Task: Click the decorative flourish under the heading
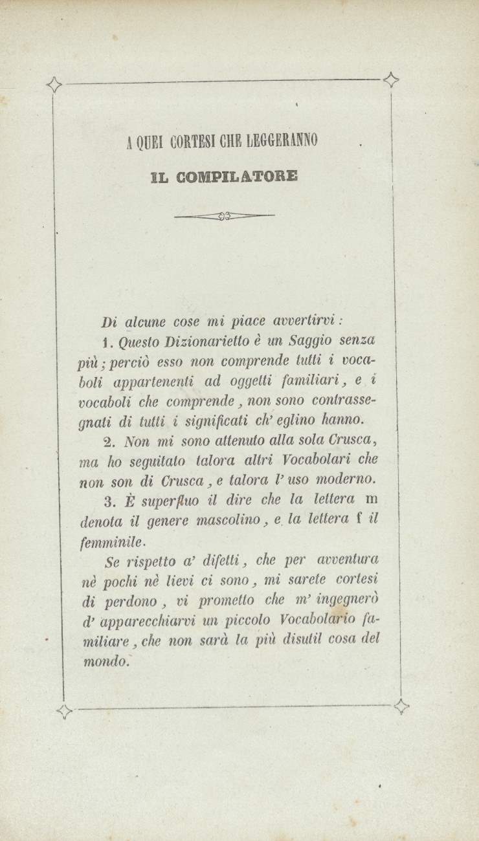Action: point(225,215)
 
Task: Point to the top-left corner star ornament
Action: point(56,85)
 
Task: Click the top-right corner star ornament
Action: point(390,80)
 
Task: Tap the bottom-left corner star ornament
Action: point(64,712)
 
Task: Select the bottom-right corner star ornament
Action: point(401,706)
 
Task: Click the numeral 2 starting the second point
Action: point(108,441)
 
